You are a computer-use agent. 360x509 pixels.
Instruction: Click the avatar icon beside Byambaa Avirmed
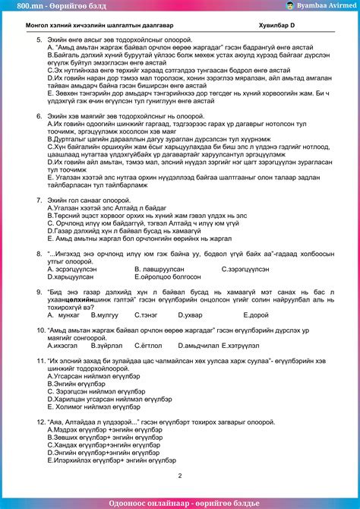[x=290, y=5]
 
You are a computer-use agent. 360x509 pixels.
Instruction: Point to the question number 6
[x=39, y=116]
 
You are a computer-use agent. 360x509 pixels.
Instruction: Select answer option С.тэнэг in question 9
[x=147, y=292]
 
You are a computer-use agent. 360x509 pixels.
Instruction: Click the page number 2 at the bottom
[x=179, y=476]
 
